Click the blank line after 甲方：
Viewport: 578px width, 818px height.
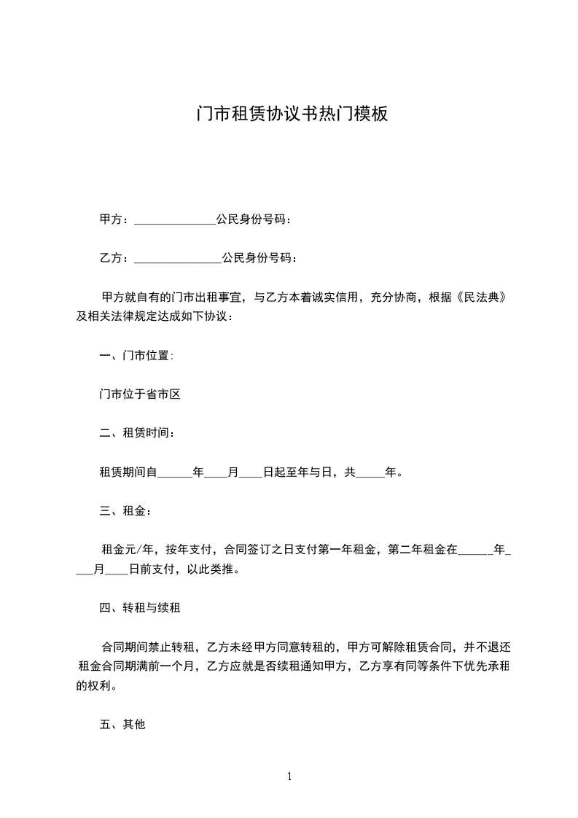(x=175, y=220)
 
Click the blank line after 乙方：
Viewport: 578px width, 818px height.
(x=178, y=259)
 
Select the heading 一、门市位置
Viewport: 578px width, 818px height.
(x=136, y=356)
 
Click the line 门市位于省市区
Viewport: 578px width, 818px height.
(x=139, y=394)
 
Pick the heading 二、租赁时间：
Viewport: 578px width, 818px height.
(x=136, y=433)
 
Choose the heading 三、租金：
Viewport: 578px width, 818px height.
(x=125, y=511)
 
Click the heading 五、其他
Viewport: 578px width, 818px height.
(x=122, y=725)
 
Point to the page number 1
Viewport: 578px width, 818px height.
(x=289, y=776)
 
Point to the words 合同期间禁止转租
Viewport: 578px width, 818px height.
(x=148, y=647)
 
